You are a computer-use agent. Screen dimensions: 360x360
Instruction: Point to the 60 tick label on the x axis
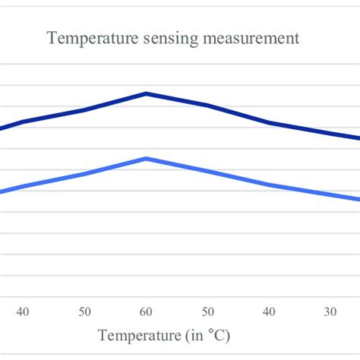click(146, 311)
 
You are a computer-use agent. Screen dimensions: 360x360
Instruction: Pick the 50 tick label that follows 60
click(207, 311)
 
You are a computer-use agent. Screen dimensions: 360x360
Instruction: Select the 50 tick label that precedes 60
click(84, 311)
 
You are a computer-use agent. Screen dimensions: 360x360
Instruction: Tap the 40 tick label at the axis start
click(23, 311)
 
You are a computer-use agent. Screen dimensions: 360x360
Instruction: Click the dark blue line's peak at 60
click(146, 93)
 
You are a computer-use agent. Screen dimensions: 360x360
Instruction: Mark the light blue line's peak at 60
click(146, 158)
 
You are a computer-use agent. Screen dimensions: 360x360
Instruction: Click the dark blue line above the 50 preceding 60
click(84, 110)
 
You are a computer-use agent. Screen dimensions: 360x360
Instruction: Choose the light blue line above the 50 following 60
click(207, 170)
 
